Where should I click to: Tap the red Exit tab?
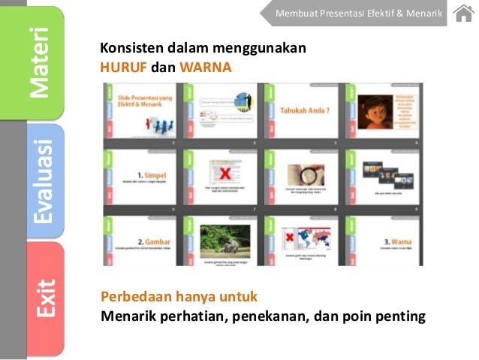click(44, 297)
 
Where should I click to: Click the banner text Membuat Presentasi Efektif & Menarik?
click(359, 14)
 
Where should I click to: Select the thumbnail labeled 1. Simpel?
click(143, 174)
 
